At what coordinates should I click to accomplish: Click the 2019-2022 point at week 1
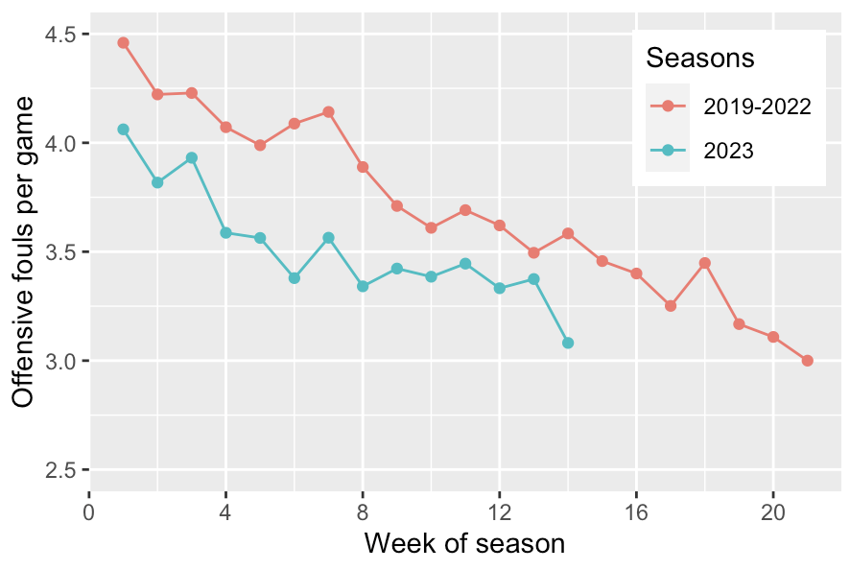pyautogui.click(x=123, y=42)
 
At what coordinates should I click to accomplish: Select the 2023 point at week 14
pyautogui.click(x=568, y=343)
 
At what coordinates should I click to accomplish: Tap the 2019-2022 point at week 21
pyautogui.click(x=807, y=361)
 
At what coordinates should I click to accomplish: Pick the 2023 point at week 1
pyautogui.click(x=123, y=130)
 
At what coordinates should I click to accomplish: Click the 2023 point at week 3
pyautogui.click(x=192, y=157)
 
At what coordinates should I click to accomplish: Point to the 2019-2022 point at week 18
pyautogui.click(x=704, y=263)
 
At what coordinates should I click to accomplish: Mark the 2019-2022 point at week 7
pyautogui.click(x=328, y=111)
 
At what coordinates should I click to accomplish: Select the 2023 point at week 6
pyautogui.click(x=295, y=278)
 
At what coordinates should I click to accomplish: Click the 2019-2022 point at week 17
pyautogui.click(x=671, y=306)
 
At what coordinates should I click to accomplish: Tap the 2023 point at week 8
pyautogui.click(x=363, y=286)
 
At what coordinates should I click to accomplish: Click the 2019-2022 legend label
pyautogui.click(x=756, y=106)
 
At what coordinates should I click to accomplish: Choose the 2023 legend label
pyautogui.click(x=729, y=150)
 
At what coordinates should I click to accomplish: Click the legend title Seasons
pyautogui.click(x=699, y=58)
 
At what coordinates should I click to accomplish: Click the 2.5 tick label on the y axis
pyautogui.click(x=62, y=470)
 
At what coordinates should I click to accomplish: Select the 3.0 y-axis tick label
pyautogui.click(x=62, y=362)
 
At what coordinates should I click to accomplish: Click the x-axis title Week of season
pyautogui.click(x=464, y=544)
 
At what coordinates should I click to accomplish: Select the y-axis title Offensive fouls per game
pyautogui.click(x=26, y=251)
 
